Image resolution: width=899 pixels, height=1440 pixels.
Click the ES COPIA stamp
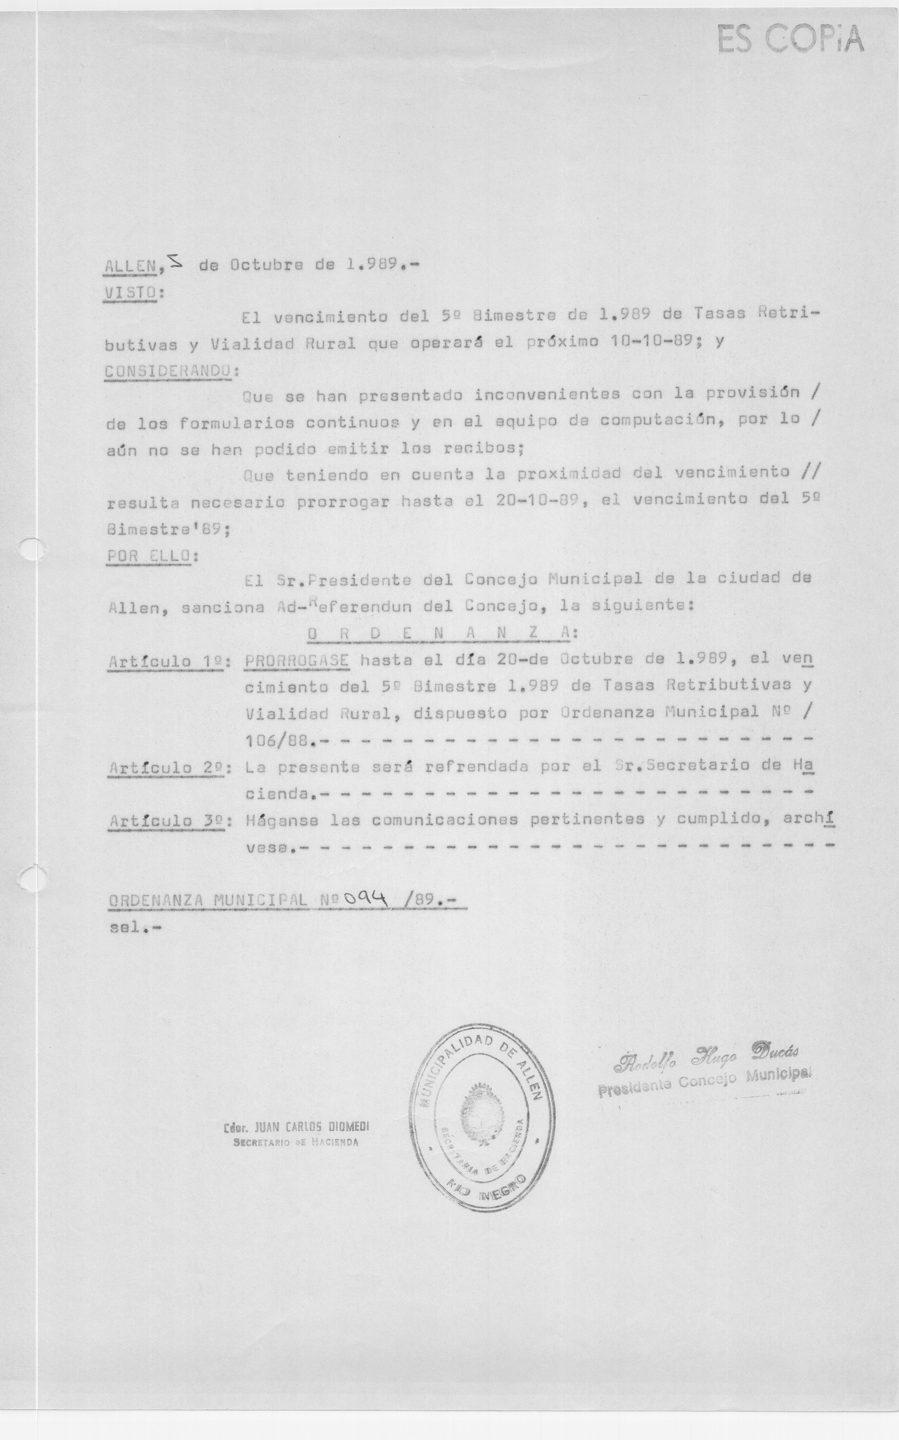point(790,39)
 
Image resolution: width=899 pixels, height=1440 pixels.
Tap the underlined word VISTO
point(131,293)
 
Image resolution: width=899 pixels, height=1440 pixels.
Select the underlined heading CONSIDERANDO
point(168,371)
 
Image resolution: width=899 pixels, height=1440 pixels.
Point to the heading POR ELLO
point(149,556)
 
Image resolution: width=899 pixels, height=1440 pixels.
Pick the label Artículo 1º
point(166,661)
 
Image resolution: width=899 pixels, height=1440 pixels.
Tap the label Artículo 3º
point(167,821)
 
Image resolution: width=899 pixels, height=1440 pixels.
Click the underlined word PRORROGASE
point(297,660)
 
